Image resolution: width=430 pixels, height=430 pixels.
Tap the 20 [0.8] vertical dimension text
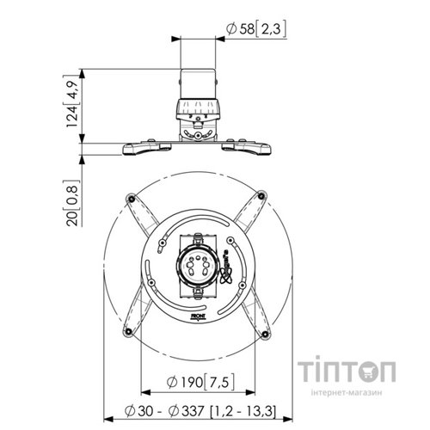tap(75, 204)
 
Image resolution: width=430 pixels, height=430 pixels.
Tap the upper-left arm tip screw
tap(130, 199)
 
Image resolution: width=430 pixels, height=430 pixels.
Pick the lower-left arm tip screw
tap(129, 331)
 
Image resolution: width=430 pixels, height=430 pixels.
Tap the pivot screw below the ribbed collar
tap(197, 133)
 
